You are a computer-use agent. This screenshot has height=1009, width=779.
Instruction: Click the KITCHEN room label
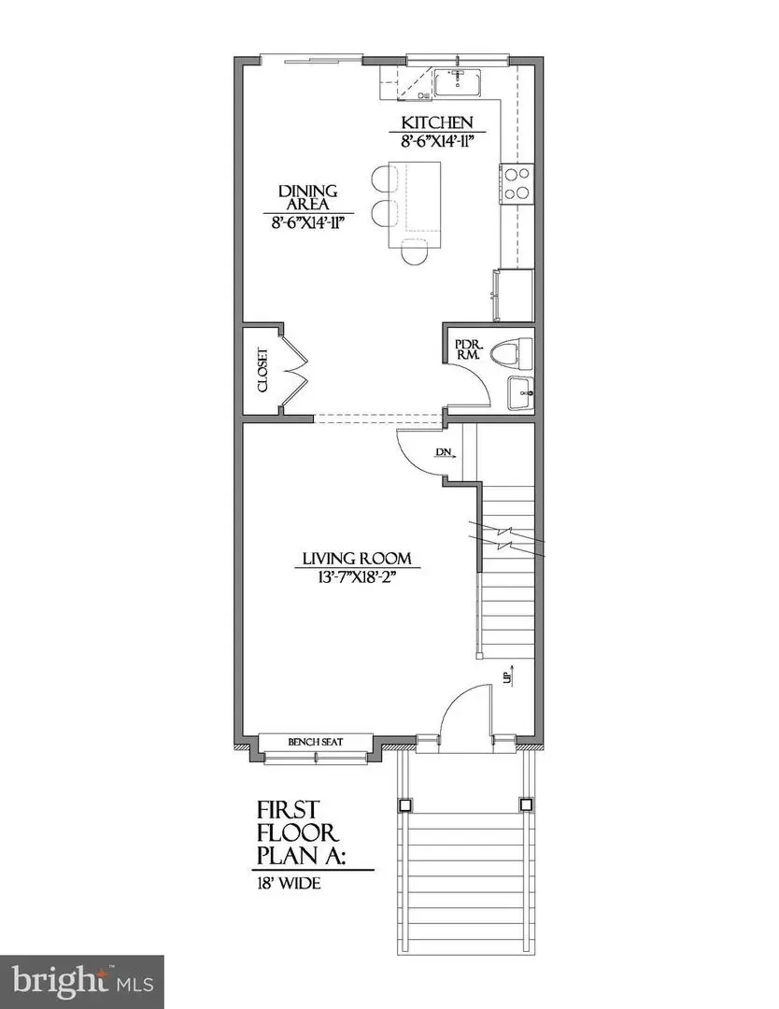coord(437,122)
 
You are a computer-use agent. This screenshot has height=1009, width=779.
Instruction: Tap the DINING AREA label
coord(306,198)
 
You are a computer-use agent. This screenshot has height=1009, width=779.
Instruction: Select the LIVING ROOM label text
coord(355,559)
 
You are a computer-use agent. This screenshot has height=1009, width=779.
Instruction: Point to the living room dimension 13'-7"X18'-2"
coord(355,576)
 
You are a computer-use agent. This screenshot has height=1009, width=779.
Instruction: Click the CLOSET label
coord(262,371)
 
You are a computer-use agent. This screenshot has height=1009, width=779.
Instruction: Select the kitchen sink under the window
coord(457,82)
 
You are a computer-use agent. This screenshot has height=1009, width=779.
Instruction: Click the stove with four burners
coord(516,183)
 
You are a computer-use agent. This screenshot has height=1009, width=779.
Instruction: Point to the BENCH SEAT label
coord(316,742)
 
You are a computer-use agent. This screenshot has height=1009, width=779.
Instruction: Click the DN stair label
coord(444,453)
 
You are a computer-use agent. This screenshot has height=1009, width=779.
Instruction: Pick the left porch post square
coord(404,803)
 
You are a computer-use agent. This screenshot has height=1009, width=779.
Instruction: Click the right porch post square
coord(525,803)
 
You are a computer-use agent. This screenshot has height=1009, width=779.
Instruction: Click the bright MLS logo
coord(81,981)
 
